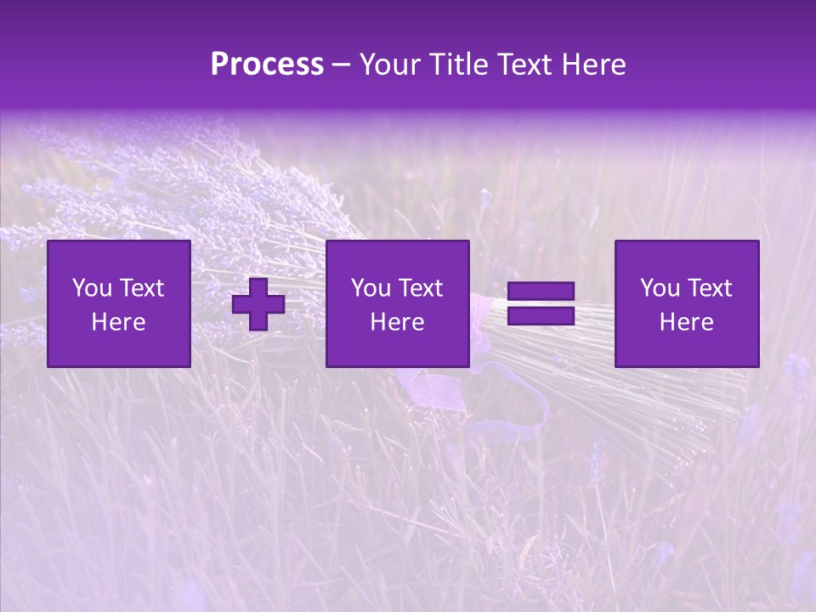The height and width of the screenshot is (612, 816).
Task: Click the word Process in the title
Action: tap(267, 65)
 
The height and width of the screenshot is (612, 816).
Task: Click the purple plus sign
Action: tap(258, 304)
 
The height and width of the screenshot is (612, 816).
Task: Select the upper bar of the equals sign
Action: tap(541, 292)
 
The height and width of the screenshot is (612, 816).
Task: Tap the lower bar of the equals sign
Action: tap(541, 316)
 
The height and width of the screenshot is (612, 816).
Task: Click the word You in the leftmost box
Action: tap(91, 288)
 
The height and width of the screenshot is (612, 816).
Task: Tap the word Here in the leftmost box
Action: tap(119, 322)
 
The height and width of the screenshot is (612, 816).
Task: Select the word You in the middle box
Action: tap(370, 288)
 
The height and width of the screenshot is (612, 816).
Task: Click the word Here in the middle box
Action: tap(398, 322)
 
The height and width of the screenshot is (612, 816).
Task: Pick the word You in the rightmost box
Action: tap(659, 288)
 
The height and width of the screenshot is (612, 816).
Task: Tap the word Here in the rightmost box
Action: tap(687, 322)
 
